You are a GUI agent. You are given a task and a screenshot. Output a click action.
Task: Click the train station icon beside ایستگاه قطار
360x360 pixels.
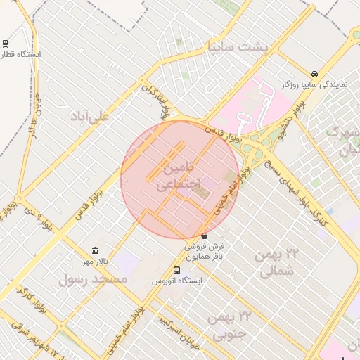click(6, 43)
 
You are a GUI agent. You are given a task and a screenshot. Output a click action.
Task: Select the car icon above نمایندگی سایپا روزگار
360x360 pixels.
click(314, 74)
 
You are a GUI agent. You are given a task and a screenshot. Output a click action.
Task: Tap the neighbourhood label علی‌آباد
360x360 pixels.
click(89, 117)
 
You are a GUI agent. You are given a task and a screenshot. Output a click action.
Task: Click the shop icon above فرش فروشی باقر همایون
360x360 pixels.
click(204, 236)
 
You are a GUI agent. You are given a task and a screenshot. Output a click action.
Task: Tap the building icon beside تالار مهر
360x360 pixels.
click(95, 251)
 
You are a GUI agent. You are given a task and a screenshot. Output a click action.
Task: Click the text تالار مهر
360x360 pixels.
click(79, 262)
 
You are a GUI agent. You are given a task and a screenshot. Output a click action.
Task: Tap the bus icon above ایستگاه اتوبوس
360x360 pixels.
click(176, 270)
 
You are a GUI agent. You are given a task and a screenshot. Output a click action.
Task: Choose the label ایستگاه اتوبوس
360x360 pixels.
click(177, 281)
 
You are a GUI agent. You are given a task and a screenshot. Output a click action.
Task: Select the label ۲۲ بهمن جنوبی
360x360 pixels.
click(230, 325)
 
